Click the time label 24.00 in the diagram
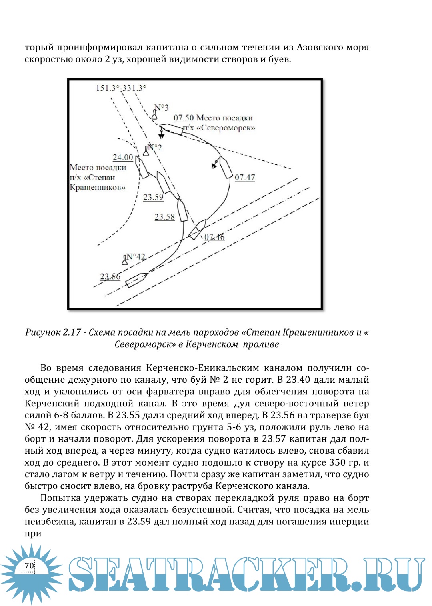[122, 157]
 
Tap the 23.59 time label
[153, 197]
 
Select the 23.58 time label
[164, 217]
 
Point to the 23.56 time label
[110, 276]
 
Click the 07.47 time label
[245, 177]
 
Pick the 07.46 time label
[214, 237]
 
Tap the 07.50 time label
[184, 118]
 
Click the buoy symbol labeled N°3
[154, 114]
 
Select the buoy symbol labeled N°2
[146, 151]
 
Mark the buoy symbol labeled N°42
[125, 260]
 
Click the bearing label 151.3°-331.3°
[121, 88]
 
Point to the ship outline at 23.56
[136, 280]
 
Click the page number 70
[29, 566]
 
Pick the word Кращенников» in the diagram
[98, 187]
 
